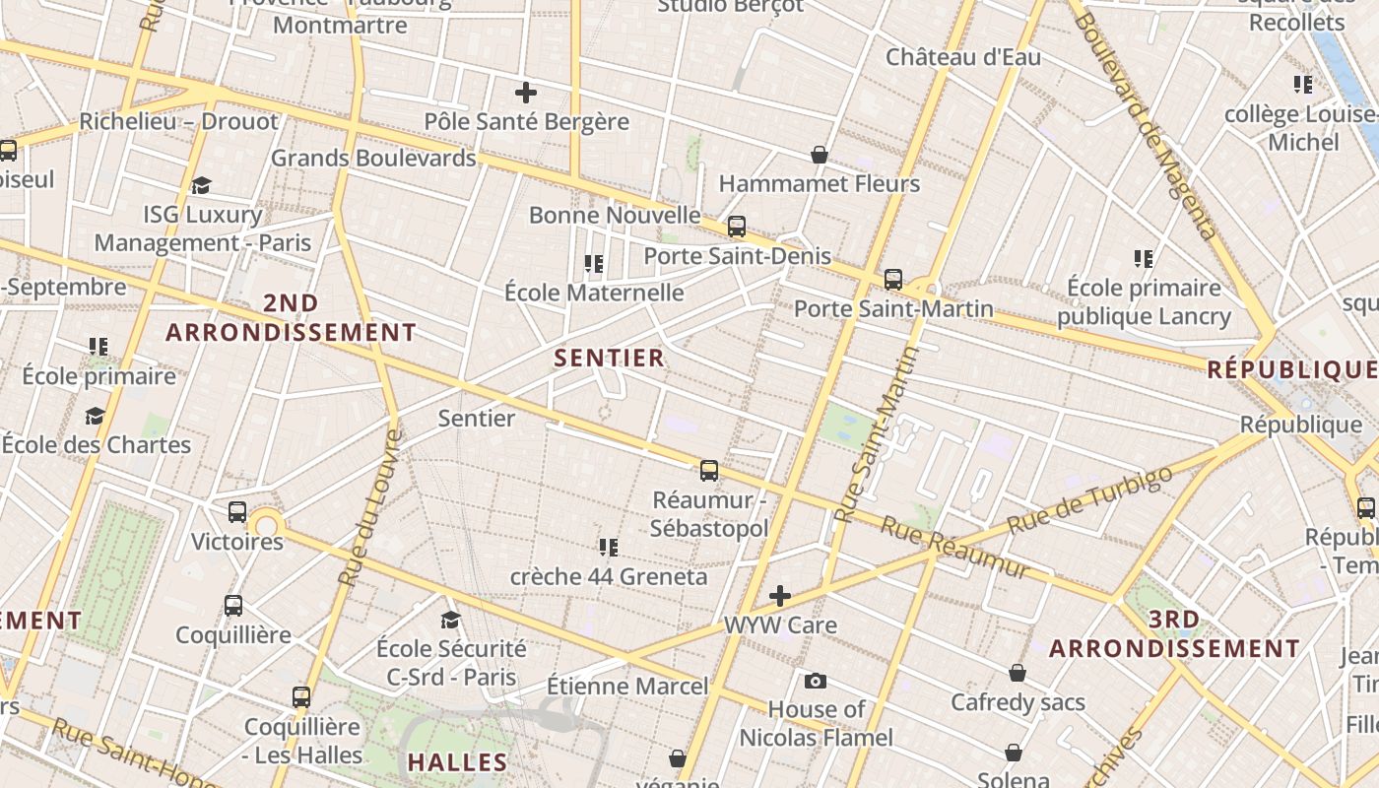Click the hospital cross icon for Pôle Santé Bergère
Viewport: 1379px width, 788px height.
click(526, 93)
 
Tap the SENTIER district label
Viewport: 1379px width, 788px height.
click(610, 358)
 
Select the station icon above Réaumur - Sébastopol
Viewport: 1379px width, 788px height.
click(709, 471)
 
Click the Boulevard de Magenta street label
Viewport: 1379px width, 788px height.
click(1149, 123)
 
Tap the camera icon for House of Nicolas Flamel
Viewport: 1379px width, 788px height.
click(816, 681)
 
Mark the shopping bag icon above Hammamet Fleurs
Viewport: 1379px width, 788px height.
click(819, 155)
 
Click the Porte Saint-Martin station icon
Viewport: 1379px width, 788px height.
click(892, 280)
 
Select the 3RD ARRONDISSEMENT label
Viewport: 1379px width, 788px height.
click(1174, 634)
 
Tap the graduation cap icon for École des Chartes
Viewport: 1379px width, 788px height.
click(95, 417)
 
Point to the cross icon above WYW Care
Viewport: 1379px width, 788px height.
click(780, 596)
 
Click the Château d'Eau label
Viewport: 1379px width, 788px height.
click(962, 57)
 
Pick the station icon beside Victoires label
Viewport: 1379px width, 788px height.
click(236, 512)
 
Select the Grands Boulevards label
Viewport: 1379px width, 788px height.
click(373, 158)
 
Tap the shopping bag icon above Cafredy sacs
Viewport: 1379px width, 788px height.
click(1018, 673)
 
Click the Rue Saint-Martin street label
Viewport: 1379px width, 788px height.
click(876, 433)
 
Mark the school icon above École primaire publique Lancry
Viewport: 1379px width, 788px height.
click(1144, 259)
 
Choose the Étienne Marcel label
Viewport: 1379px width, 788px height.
click(627, 686)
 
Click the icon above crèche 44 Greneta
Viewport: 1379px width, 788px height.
click(609, 547)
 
